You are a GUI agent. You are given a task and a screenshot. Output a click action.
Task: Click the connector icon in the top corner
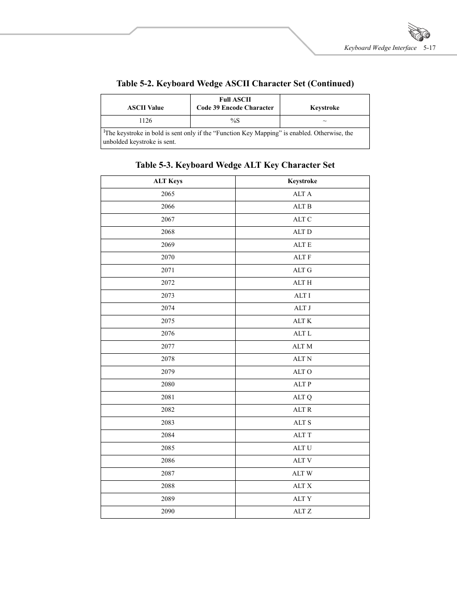(419, 32)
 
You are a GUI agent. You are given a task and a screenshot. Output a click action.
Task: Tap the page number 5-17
(429, 48)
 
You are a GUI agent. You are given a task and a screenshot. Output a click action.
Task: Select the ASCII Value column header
(146, 108)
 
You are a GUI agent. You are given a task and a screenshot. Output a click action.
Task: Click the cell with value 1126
(146, 121)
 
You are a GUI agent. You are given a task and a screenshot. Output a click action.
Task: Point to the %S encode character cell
(235, 121)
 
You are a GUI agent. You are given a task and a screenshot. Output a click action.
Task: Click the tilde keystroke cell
(325, 121)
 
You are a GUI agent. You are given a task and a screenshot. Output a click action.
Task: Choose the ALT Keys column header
(168, 181)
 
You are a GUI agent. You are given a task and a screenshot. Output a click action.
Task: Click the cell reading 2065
(168, 194)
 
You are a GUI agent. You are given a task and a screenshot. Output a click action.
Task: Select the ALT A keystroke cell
(302, 194)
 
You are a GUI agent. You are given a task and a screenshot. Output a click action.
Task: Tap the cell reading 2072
(168, 283)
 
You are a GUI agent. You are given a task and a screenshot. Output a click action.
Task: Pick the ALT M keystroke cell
(302, 347)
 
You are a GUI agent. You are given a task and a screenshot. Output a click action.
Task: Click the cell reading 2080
(168, 384)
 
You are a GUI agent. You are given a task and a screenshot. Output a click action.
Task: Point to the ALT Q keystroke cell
(302, 397)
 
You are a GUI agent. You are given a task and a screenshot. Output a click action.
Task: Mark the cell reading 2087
(168, 474)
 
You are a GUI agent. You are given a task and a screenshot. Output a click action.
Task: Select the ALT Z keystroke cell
(302, 511)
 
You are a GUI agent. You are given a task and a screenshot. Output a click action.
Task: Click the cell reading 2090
(168, 511)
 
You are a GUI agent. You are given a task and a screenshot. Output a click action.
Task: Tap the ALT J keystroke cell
(302, 308)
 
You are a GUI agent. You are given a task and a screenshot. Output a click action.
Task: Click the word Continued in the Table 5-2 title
(331, 83)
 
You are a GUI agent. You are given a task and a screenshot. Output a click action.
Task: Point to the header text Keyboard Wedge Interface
(380, 48)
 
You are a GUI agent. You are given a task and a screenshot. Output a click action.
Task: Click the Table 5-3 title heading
(235, 165)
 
